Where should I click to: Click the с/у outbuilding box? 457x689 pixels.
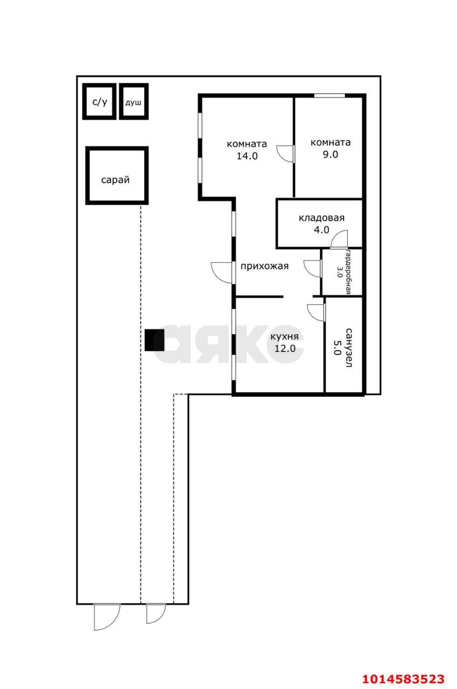click(x=99, y=101)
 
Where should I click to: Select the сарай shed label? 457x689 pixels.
click(x=115, y=180)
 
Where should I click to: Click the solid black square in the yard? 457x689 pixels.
click(x=154, y=340)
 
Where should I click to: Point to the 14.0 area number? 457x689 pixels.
click(x=247, y=156)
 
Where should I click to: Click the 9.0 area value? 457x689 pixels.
click(x=331, y=154)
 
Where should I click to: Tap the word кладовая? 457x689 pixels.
click(x=321, y=218)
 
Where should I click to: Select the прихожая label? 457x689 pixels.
click(x=264, y=266)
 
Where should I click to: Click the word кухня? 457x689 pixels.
click(x=284, y=336)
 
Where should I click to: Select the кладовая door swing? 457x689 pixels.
click(x=339, y=239)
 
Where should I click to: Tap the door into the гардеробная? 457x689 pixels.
click(x=312, y=269)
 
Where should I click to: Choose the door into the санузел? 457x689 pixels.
click(x=316, y=313)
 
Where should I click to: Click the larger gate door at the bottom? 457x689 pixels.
click(x=107, y=617)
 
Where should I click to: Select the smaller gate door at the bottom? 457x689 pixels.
click(x=156, y=614)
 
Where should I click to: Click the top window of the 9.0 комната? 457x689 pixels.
click(x=329, y=96)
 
